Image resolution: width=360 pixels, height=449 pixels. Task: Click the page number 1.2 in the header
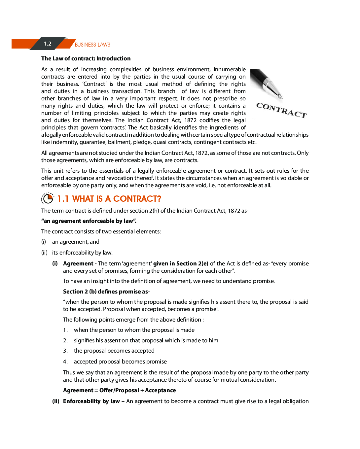pos(48,44)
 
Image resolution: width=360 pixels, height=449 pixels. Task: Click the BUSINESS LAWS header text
pos(92,45)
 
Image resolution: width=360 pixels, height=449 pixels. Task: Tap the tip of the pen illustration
pos(281,97)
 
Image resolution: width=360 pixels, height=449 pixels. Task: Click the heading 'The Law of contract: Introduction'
pos(86,58)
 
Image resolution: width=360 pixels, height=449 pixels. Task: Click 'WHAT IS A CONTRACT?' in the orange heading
pos(117,199)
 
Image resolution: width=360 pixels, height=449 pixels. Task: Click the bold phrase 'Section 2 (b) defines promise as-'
pos(106,292)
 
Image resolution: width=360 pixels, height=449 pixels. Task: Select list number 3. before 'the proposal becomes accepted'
pos(65,351)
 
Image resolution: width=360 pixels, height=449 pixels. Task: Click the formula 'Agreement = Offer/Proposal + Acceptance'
pos(119,390)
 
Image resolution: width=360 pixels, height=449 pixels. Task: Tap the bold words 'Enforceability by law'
pos(91,401)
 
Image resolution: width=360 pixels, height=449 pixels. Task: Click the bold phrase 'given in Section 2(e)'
pos(181,263)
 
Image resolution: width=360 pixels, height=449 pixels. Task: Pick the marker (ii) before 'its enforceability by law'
pos(44,253)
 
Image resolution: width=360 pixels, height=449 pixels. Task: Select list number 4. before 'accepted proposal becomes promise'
pos(65,362)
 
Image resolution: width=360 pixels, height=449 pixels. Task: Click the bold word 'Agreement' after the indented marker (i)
pos(78,263)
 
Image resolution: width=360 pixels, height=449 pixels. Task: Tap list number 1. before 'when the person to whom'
pos(65,330)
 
